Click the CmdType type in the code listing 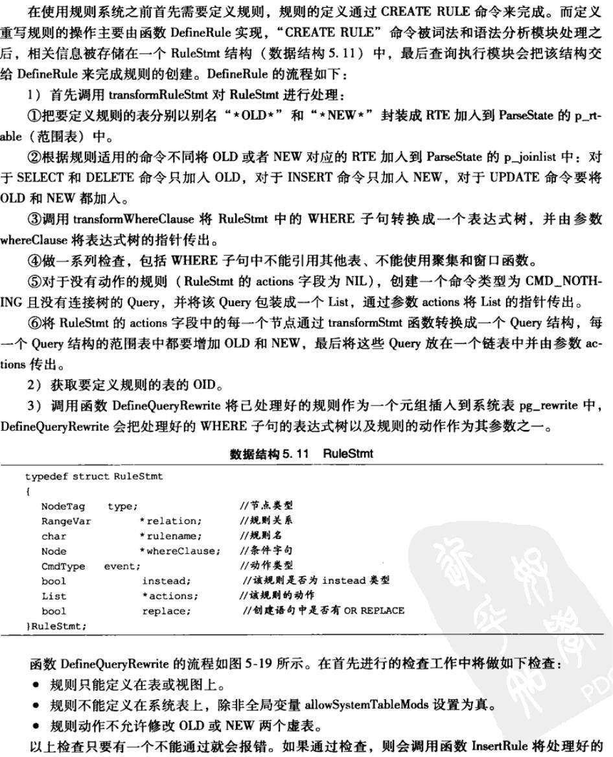(63, 566)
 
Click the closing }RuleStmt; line (56, 625)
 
